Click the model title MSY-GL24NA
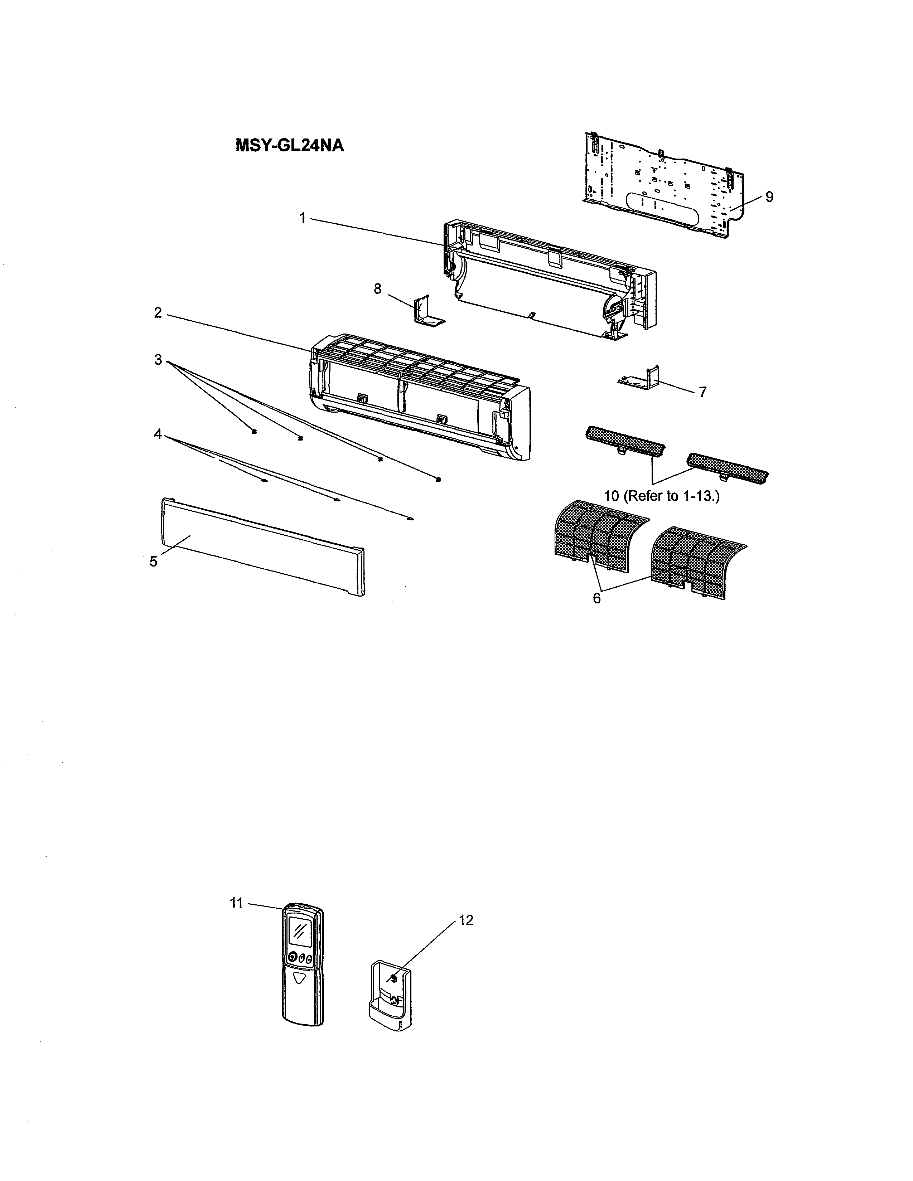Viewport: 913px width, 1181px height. (290, 146)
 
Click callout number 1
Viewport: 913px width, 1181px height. (303, 218)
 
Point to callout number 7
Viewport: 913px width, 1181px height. (702, 392)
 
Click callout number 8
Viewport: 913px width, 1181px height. (377, 289)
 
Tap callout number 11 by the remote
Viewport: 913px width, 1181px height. (236, 903)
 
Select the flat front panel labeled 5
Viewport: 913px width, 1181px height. (260, 546)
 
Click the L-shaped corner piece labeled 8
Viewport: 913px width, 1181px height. (427, 312)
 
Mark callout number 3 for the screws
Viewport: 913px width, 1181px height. (158, 360)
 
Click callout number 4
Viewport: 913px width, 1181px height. (158, 434)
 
